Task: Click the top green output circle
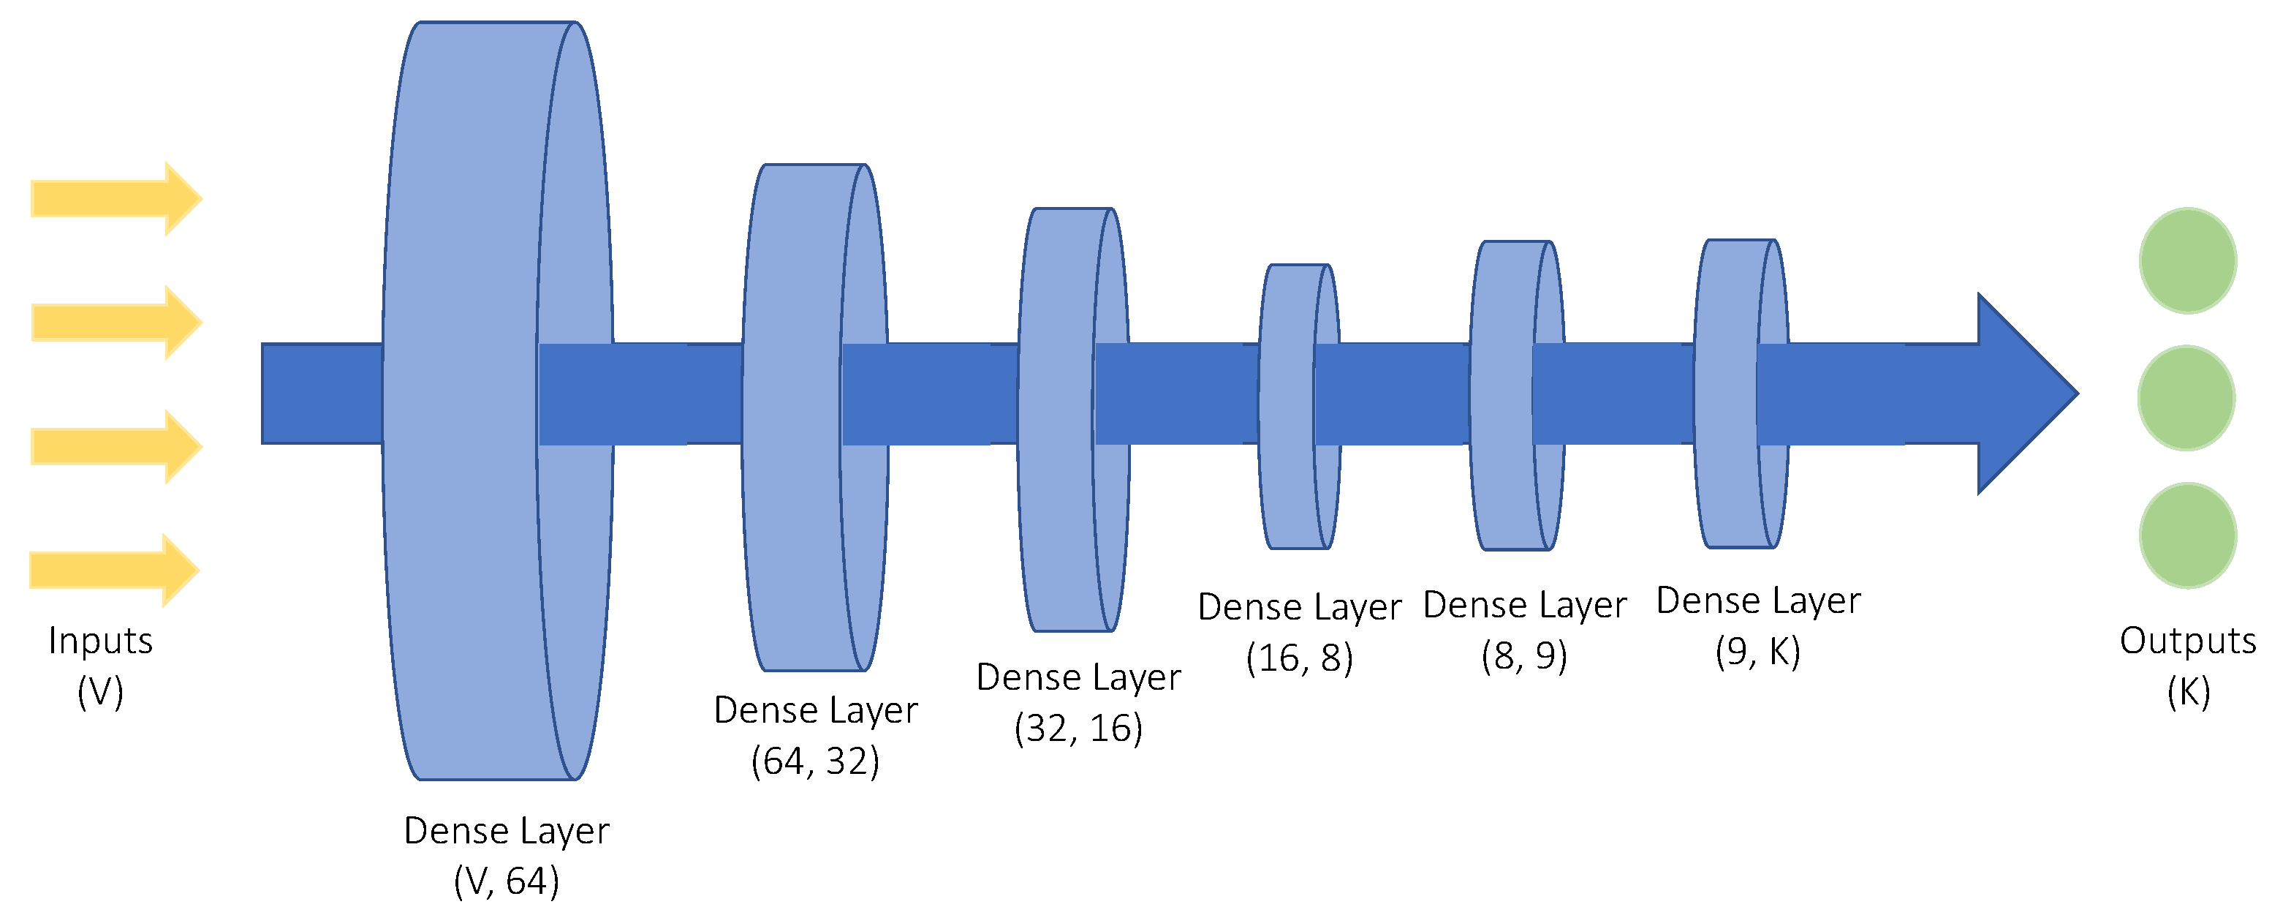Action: click(x=2187, y=260)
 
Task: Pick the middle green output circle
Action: click(x=2186, y=398)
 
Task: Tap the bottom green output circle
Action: click(x=2187, y=535)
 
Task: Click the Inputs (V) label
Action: click(x=100, y=666)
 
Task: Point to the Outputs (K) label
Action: click(x=2188, y=666)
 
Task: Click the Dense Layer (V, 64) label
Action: click(x=507, y=856)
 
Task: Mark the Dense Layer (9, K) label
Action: click(x=1758, y=626)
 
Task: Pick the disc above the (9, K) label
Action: click(x=1741, y=394)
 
